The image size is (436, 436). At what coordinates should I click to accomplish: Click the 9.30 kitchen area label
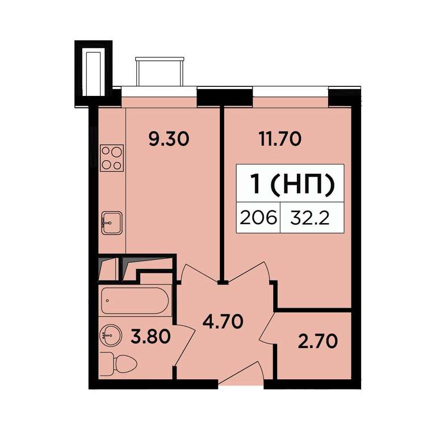click(x=169, y=139)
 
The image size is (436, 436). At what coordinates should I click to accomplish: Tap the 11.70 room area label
click(x=280, y=139)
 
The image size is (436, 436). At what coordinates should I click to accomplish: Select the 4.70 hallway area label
click(x=223, y=322)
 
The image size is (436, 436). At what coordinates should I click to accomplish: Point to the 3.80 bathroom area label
click(x=150, y=337)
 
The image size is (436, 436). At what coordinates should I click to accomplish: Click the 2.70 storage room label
click(x=317, y=341)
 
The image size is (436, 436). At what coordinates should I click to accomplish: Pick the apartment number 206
click(x=258, y=218)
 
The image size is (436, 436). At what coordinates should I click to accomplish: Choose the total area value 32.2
click(x=310, y=218)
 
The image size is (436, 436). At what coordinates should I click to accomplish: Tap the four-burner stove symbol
click(x=111, y=158)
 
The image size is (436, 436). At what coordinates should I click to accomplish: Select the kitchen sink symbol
click(x=111, y=223)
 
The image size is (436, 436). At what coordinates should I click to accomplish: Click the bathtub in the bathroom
click(x=135, y=301)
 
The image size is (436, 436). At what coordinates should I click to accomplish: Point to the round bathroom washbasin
click(x=110, y=335)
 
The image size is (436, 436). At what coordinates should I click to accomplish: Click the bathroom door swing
click(x=185, y=345)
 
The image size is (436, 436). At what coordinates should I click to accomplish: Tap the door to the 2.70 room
click(x=268, y=328)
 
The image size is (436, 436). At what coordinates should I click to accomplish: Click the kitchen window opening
click(x=159, y=91)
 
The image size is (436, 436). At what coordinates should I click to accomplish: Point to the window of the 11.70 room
click(x=291, y=91)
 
